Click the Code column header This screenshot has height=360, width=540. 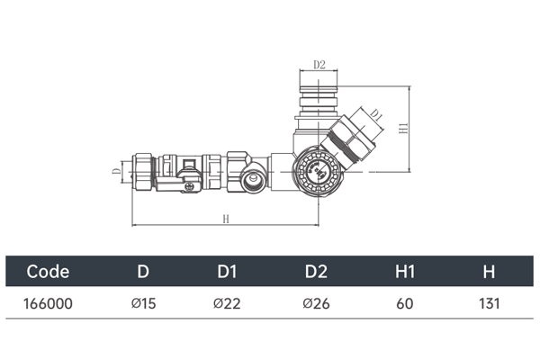[48, 272]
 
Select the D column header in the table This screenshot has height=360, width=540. [143, 272]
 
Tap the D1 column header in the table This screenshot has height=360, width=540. [228, 272]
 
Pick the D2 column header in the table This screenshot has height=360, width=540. [316, 272]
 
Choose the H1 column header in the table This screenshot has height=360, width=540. [405, 272]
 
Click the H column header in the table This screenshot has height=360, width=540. [489, 272]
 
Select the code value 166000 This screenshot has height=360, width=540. [48, 304]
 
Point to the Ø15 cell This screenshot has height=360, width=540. [144, 304]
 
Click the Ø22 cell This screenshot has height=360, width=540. [227, 304]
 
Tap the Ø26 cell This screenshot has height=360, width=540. [316, 304]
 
